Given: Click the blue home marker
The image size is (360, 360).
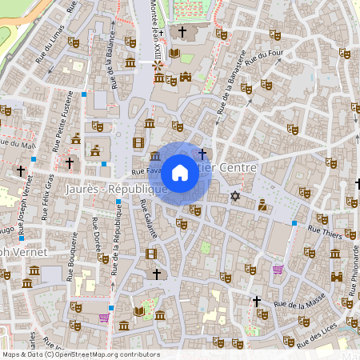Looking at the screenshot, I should pos(180,172).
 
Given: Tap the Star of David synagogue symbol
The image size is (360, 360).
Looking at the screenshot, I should pos(235,196).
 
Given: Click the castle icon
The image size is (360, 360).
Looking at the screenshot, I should pos(186,77).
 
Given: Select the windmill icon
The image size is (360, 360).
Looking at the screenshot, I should pos(158,66).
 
